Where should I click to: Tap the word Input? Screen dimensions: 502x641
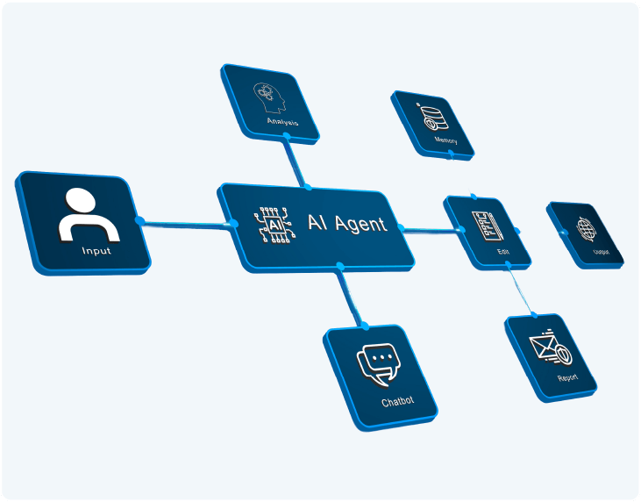coord(96,251)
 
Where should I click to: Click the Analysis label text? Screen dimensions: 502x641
coord(282,122)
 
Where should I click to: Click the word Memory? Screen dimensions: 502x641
coord(445,140)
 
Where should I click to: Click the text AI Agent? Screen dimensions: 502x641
coord(346,223)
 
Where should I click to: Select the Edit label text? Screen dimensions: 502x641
coord(502,252)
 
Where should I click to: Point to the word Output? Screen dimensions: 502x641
coord(601,251)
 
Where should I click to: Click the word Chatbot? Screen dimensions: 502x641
coord(397,402)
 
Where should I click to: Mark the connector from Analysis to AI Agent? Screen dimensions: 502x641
coord(294,162)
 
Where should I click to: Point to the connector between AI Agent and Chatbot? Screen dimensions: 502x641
coord(352,298)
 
